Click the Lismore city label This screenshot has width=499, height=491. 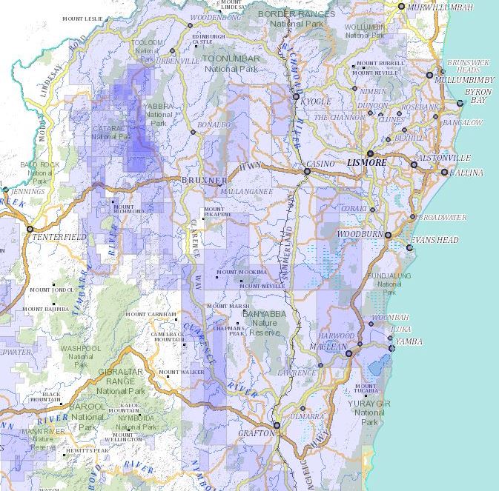click(x=366, y=162)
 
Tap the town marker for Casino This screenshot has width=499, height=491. click(x=307, y=172)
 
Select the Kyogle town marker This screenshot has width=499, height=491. click(x=296, y=97)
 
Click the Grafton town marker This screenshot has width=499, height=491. click(x=276, y=425)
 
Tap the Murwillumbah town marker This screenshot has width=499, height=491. click(x=401, y=7)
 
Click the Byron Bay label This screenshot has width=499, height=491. click(x=477, y=96)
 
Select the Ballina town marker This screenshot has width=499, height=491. click(x=444, y=173)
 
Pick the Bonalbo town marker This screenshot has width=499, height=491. click(x=193, y=132)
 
